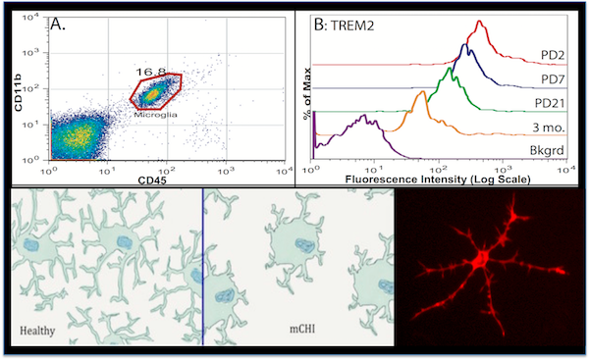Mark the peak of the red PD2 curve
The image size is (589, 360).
click(x=480, y=22)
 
